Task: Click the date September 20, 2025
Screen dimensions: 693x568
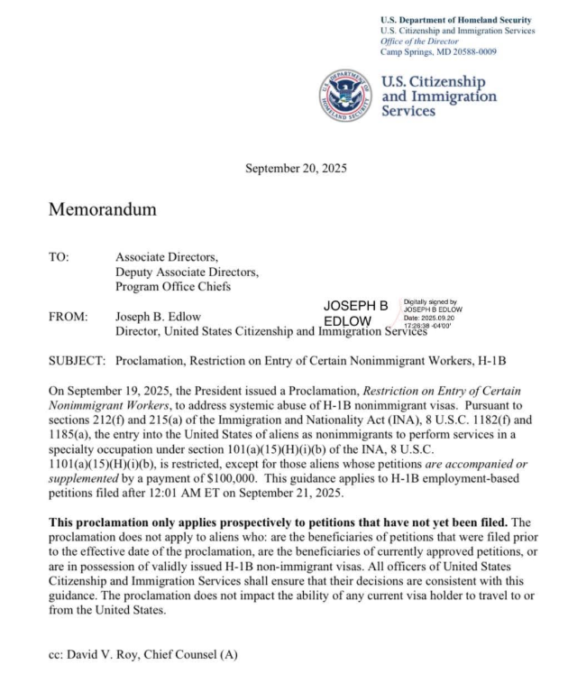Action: pyautogui.click(x=296, y=168)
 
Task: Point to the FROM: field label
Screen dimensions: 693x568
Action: pyautogui.click(x=68, y=317)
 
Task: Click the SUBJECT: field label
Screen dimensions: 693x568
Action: pyautogui.click(x=77, y=361)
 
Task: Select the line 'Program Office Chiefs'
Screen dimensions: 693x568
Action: pyautogui.click(x=173, y=287)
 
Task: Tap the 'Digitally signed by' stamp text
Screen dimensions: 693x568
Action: pyautogui.click(x=430, y=303)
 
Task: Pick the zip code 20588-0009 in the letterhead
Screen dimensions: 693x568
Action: pyautogui.click(x=473, y=51)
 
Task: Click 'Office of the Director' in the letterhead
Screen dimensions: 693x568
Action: pyautogui.click(x=422, y=42)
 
